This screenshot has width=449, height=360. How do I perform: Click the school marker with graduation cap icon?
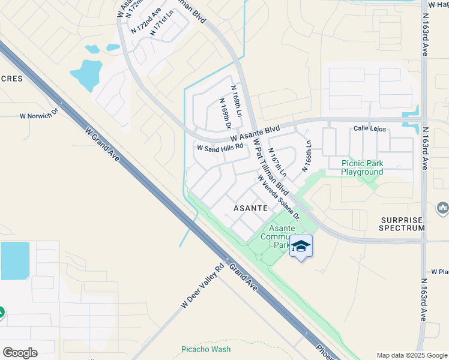[301, 246]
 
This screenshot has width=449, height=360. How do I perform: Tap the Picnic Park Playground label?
[362, 167]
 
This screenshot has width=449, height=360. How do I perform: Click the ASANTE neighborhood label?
[250, 208]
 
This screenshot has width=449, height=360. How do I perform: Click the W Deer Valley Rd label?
[202, 288]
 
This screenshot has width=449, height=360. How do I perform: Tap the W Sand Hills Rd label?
[220, 146]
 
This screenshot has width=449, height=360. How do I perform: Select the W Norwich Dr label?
[40, 113]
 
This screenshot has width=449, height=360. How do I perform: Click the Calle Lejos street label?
[369, 128]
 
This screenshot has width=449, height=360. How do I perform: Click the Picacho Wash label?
[206, 349]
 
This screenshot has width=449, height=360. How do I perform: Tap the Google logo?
[20, 353]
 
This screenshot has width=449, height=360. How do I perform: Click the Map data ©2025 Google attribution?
[412, 355]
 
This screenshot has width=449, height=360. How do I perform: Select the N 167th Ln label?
[277, 162]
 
